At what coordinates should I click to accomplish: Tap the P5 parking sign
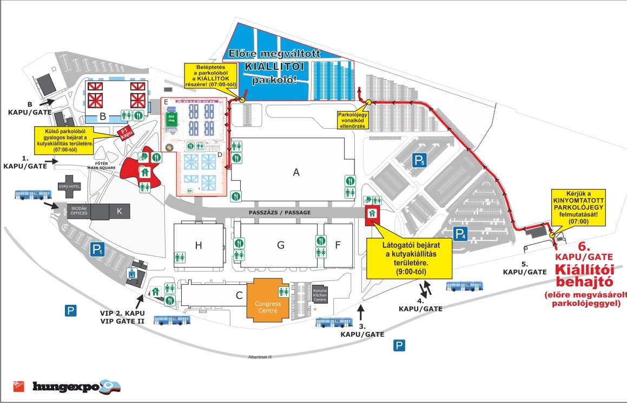pyautogui.click(x=420, y=160)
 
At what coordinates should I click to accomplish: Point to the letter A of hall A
pyautogui.click(x=295, y=172)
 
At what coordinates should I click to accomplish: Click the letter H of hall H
pyautogui.click(x=198, y=245)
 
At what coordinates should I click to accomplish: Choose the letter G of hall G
pyautogui.click(x=280, y=245)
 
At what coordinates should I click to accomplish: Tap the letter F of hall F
pyautogui.click(x=338, y=245)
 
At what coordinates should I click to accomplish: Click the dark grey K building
pyautogui.click(x=120, y=212)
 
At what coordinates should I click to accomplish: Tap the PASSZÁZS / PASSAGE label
pyautogui.click(x=280, y=212)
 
